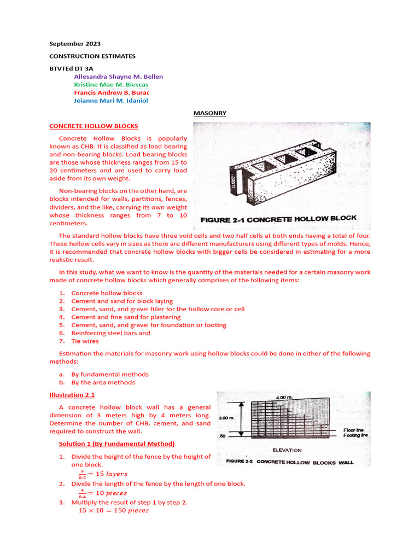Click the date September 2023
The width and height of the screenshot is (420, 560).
tap(75, 44)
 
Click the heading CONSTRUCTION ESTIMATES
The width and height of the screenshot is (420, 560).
tap(92, 56)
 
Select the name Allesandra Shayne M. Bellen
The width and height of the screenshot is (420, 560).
tap(118, 77)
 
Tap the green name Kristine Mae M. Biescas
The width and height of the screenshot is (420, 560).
tap(111, 85)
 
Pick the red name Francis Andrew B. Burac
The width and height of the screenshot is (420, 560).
tap(112, 92)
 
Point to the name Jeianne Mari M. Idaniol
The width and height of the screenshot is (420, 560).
tap(110, 101)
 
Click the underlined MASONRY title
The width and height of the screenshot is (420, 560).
tap(210, 113)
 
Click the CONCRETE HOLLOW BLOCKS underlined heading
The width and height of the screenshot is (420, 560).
tap(94, 126)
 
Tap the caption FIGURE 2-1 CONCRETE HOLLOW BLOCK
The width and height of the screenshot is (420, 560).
tap(278, 219)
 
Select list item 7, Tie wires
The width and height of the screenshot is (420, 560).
tap(85, 341)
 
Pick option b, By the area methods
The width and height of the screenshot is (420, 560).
tap(103, 382)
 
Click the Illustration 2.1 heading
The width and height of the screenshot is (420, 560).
tap(72, 394)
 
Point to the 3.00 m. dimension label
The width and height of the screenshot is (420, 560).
tap(226, 417)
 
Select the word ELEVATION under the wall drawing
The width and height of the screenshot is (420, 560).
tap(287, 450)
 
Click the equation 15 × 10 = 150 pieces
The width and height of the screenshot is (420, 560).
tap(114, 510)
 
